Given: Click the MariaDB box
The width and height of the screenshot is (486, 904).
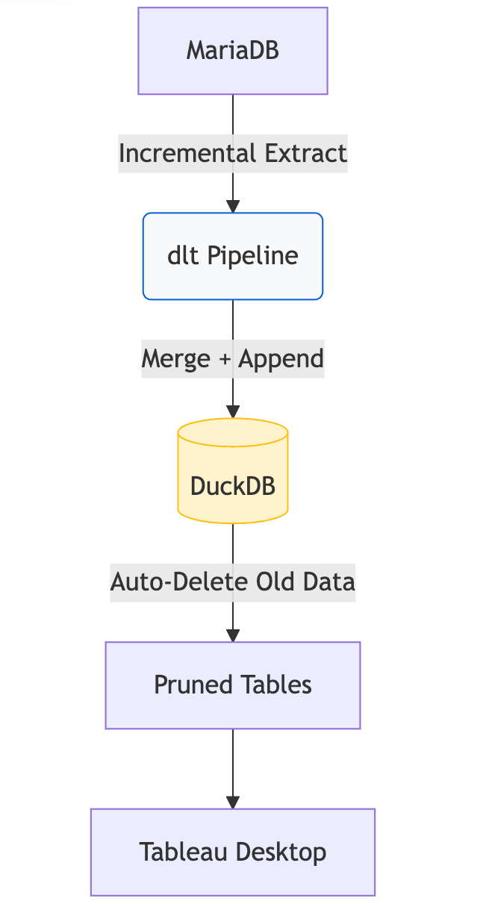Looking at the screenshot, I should pos(233,51).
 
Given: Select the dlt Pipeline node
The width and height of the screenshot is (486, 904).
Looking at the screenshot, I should pos(233,256).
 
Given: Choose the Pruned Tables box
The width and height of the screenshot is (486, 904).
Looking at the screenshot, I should pos(233,685).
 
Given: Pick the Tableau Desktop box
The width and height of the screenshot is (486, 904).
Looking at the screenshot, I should pos(233,852).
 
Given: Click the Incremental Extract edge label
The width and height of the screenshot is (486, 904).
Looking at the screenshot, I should pos(233,154).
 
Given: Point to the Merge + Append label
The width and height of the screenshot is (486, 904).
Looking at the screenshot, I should pos(233,359).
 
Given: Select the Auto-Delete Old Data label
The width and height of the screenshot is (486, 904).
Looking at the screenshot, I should pos(233,582).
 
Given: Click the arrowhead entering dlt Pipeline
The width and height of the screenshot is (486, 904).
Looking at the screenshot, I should pos(233,206).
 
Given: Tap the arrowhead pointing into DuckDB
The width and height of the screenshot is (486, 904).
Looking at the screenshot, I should pos(233,411).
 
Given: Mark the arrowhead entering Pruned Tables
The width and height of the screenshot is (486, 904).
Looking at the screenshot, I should pos(233,635).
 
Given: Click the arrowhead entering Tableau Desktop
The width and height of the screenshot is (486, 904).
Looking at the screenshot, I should pos(233,802).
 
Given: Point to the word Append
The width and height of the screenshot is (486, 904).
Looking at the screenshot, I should pos(281,359).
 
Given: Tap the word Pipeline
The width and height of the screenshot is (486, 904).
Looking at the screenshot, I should pos(252,256).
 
